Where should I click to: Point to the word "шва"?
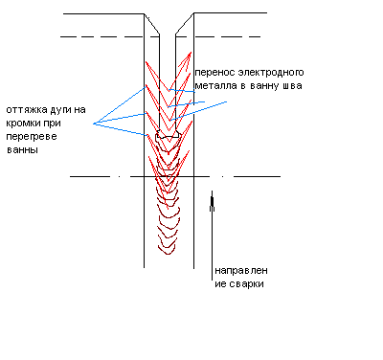292,86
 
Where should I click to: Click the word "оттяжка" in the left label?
27,110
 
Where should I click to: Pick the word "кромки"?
23,124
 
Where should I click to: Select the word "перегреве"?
32,137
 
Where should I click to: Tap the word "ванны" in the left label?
22,150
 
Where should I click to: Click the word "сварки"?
245,284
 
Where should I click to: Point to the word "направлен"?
241,271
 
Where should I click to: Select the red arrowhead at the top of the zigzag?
188,57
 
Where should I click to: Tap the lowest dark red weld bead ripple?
168,251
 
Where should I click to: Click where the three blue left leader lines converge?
94,124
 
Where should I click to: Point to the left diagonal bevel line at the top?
151,24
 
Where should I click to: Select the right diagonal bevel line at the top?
185,23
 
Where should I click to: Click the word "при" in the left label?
52,124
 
